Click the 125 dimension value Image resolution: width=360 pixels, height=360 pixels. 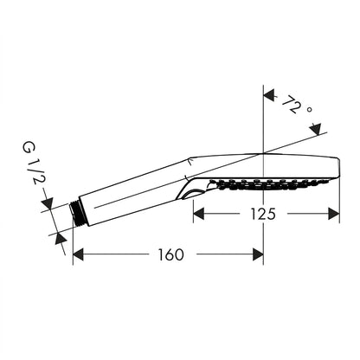point(263,214)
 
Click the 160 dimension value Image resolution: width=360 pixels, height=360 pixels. point(170,254)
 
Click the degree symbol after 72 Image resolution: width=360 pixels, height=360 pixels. point(309,110)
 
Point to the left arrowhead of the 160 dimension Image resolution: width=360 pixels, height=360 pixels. point(78,254)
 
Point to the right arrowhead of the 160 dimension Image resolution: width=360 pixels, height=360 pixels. point(258,254)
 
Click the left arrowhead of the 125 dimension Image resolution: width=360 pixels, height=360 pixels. point(199,214)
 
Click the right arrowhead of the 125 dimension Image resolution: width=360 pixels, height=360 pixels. point(334,214)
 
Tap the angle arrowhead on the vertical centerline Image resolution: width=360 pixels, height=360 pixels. point(269,95)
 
